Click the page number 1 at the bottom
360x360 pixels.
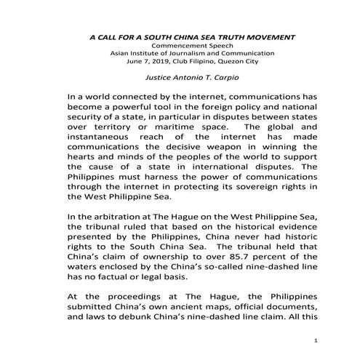[316, 340]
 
